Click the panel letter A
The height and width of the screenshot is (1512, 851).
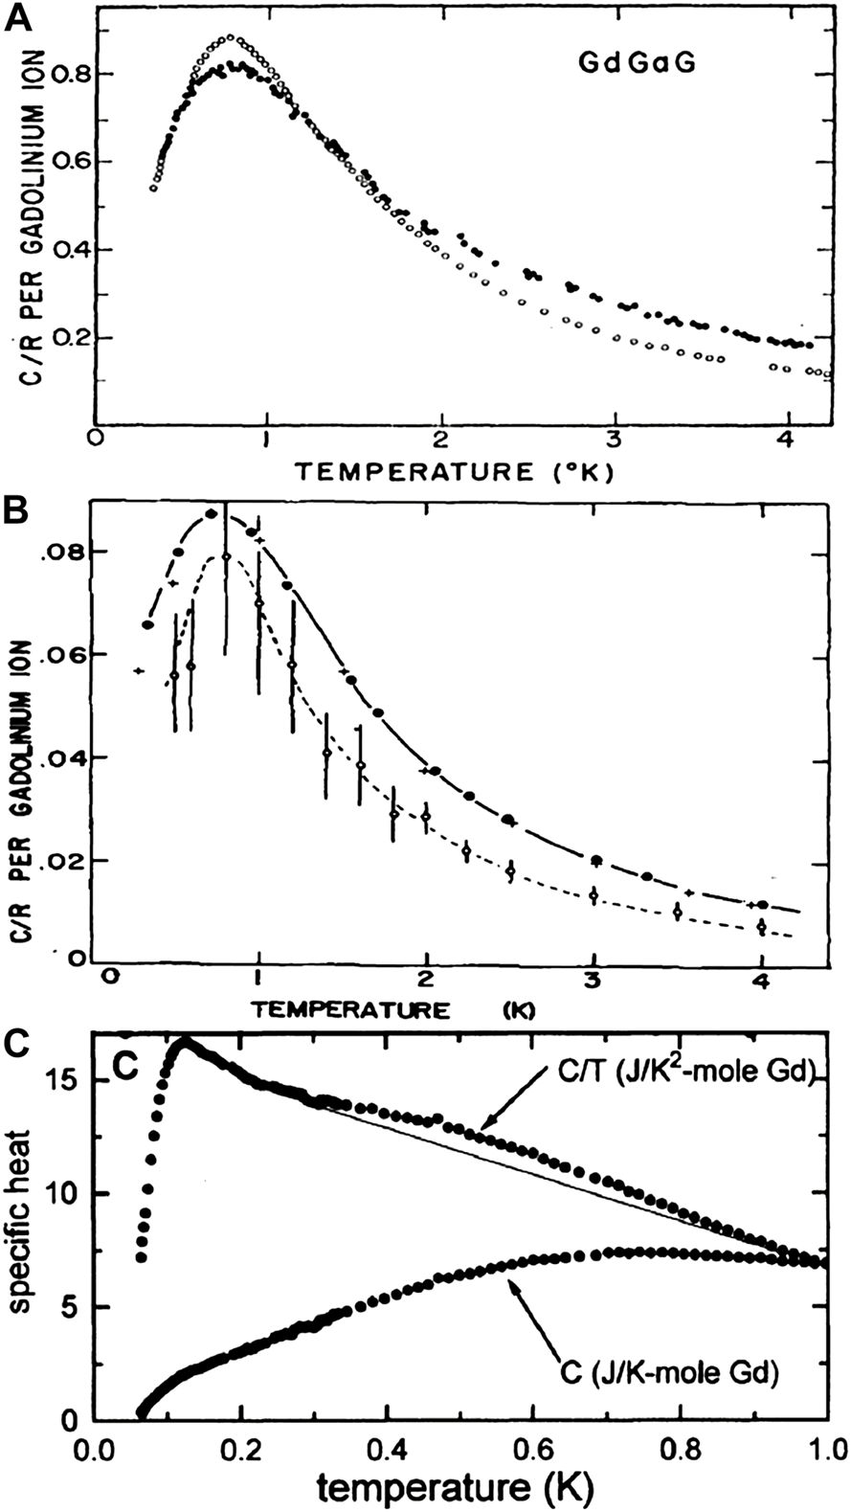[x=16, y=18]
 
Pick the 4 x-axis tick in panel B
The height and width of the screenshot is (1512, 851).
[x=760, y=979]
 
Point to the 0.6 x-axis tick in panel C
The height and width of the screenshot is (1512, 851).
[x=535, y=1441]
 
